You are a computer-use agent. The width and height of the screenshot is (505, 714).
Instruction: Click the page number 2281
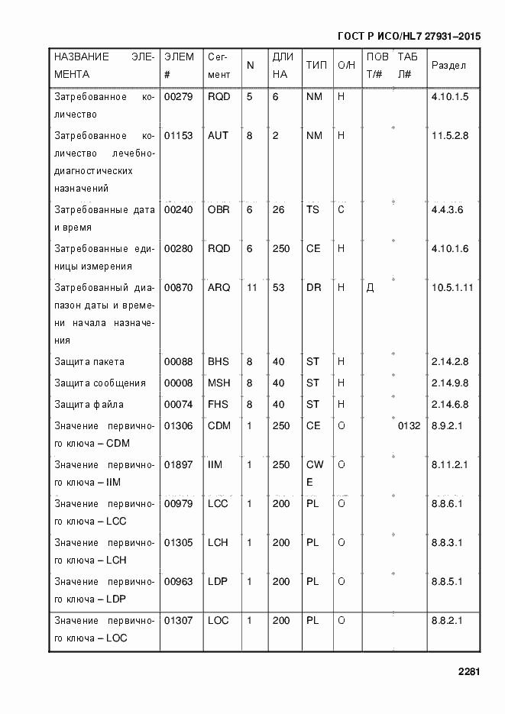pos(468,672)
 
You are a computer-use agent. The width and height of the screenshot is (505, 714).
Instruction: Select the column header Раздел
pos(448,66)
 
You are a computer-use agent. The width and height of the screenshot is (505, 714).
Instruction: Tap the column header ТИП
pos(316,66)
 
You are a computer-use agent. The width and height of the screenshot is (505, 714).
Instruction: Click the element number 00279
pos(178,98)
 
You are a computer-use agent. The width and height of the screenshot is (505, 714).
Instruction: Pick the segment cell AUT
pos(218,136)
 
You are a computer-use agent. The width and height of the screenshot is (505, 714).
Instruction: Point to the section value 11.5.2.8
pos(449,136)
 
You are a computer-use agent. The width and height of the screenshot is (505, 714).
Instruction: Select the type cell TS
pos(312,209)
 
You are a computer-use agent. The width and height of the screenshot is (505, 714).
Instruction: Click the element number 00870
pos(178,288)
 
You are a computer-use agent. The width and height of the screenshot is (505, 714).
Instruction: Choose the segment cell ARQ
pos(219,288)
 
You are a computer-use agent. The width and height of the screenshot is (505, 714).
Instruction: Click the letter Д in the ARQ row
pos(370,288)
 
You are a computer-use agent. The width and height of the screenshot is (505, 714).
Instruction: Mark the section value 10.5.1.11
pos(452,288)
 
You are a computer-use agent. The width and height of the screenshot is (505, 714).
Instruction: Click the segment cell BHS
pos(219,362)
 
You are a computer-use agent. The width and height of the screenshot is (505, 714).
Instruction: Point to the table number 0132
pos(409,426)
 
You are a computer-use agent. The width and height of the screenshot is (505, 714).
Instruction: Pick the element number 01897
pos(178,464)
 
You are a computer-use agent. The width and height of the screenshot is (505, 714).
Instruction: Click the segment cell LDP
pos(219,582)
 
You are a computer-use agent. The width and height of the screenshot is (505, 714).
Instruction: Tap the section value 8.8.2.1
pos(448,621)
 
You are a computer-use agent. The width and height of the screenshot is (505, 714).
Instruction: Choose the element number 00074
pos(178,405)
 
